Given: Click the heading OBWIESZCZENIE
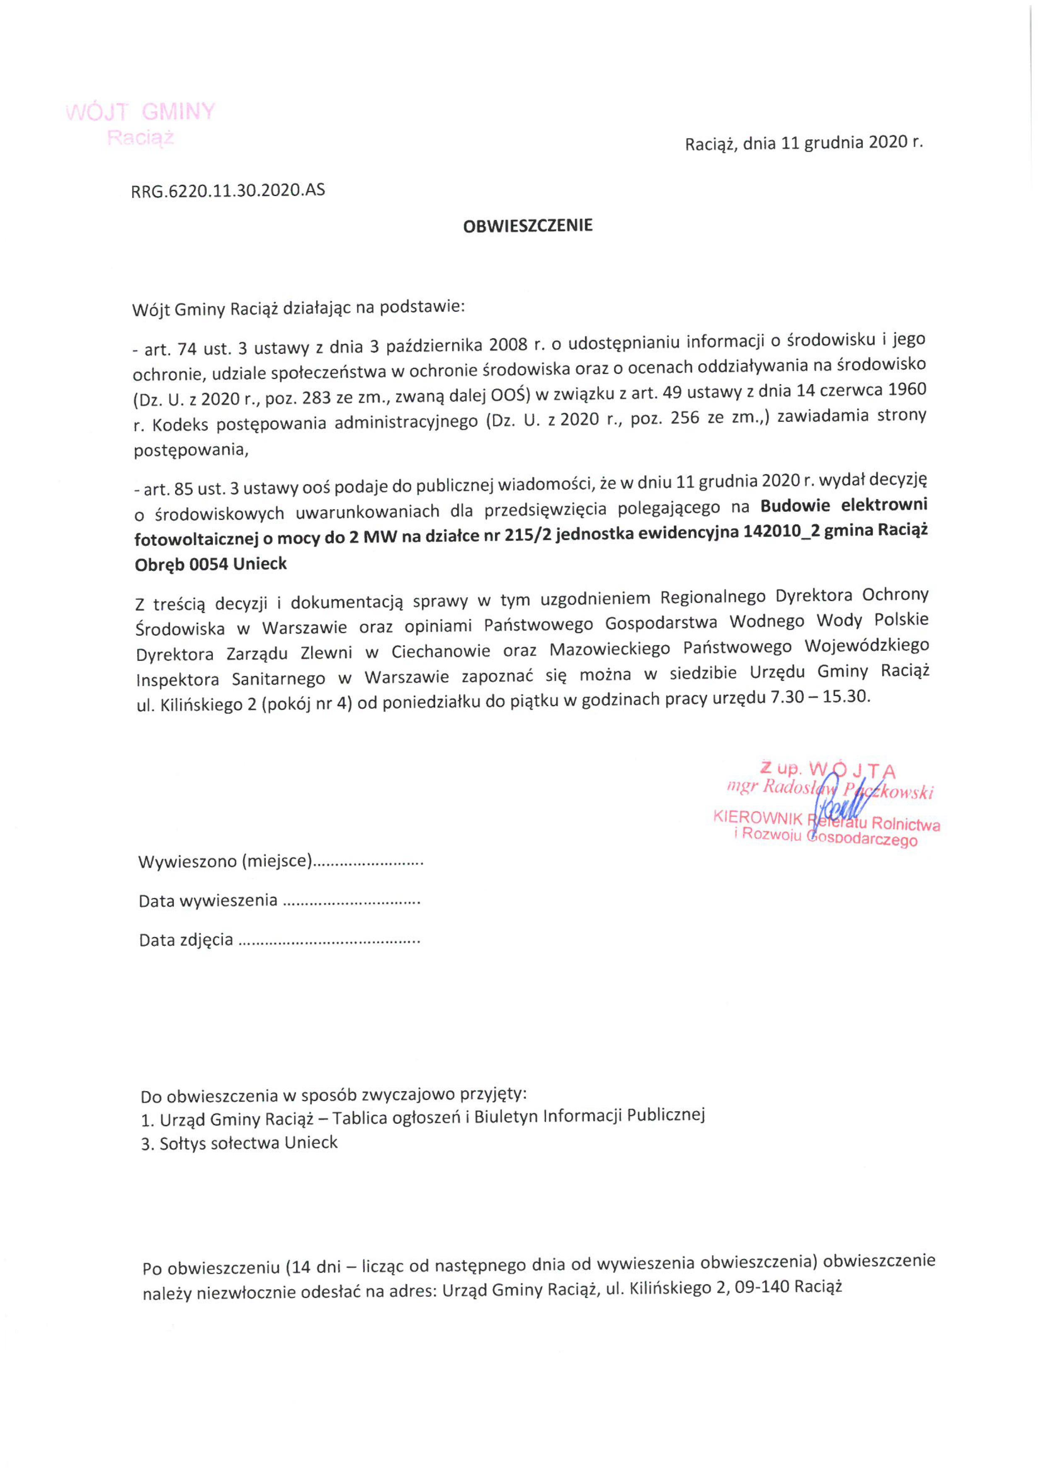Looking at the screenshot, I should [527, 225].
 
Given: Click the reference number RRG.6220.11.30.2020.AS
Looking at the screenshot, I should [228, 190].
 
